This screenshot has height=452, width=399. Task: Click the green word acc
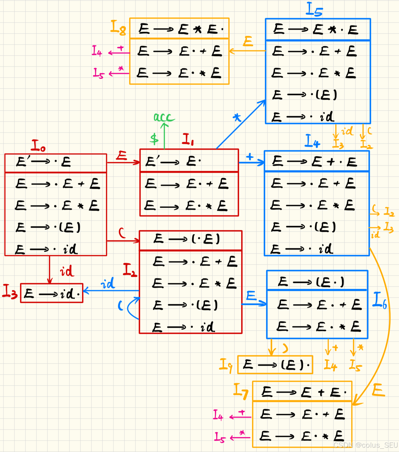pos(164,117)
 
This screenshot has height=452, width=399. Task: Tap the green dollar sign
pos(154,139)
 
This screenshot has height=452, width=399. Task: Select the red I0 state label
pos(38,146)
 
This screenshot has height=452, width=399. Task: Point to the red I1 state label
pos(188,140)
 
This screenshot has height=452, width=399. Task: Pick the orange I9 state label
pos(226,365)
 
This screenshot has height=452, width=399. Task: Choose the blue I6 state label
pos(380,300)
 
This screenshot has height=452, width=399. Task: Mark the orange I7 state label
pos(241,391)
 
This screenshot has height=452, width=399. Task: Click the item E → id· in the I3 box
pos(52,293)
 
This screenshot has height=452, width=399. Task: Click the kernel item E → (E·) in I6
pos(311,282)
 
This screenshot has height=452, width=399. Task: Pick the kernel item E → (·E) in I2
pos(187,239)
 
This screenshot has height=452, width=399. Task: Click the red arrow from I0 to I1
pos(123,162)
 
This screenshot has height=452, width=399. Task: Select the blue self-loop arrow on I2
pos(130,308)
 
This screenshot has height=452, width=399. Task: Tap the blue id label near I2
pos(108,283)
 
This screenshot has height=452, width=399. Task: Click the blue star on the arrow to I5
pos(237,117)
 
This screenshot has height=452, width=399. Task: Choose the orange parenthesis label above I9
pos(285,348)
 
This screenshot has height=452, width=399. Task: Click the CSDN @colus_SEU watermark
pos(365,445)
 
